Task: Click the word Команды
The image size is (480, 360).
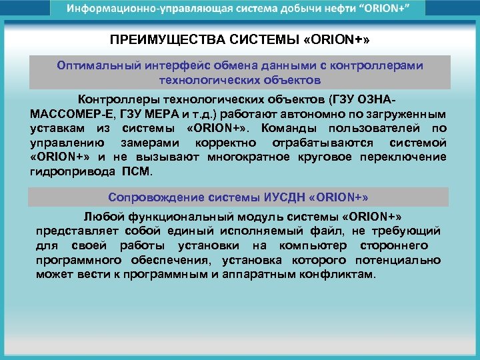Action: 287,127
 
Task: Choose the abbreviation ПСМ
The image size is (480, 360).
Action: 137,171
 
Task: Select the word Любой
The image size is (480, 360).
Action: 101,217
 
